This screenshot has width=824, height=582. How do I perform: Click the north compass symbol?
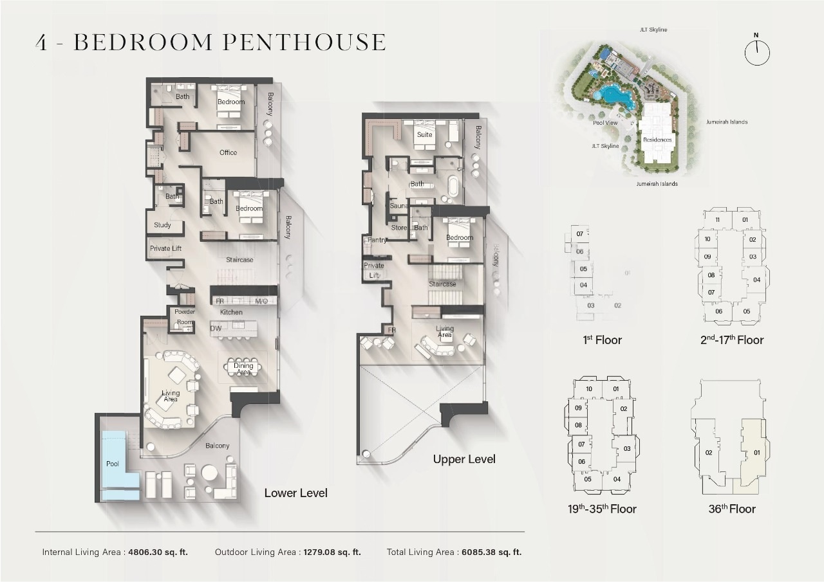tap(757, 52)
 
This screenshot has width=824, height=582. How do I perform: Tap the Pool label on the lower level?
tap(113, 464)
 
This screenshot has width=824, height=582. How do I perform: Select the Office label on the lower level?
tap(228, 153)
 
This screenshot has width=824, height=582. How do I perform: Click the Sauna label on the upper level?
tap(399, 206)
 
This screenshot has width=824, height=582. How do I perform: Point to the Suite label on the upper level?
tap(425, 135)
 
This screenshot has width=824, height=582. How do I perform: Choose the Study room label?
tap(162, 225)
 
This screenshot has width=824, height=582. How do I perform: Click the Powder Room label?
tap(185, 317)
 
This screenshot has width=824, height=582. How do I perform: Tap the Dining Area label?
tap(243, 369)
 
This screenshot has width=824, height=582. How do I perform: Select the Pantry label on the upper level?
tap(377, 240)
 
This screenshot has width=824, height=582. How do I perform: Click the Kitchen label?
tap(231, 313)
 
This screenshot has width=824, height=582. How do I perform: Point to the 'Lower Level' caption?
tap(295, 493)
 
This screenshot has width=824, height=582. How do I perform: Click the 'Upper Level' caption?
tap(464, 459)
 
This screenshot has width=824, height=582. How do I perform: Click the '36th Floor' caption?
tap(732, 509)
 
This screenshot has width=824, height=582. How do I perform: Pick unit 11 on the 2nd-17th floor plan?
tap(716, 220)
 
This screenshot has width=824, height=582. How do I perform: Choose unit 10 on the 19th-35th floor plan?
tap(588, 389)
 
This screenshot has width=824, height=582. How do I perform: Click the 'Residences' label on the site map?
tap(657, 140)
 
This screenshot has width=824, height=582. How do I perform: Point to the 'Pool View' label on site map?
tap(605, 123)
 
